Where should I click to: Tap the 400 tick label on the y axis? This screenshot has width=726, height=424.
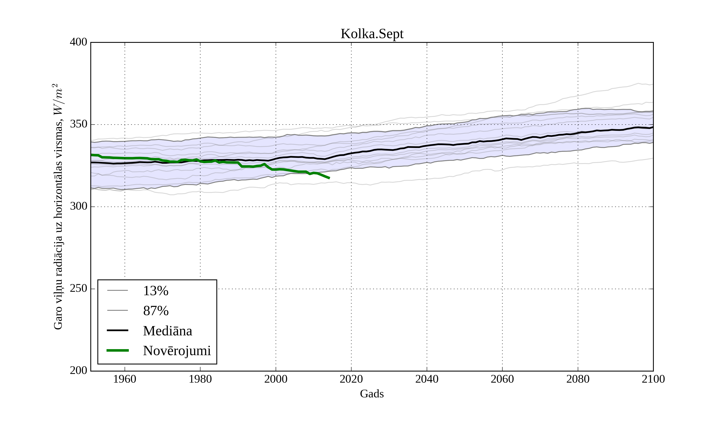pyautogui.click(x=78, y=42)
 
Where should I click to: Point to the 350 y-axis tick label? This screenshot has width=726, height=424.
pyautogui.click(x=78, y=124)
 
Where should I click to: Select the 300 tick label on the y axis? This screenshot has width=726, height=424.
pyautogui.click(x=78, y=207)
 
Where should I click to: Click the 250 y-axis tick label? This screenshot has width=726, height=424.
pyautogui.click(x=78, y=289)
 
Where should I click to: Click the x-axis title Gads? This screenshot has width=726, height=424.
pyautogui.click(x=372, y=394)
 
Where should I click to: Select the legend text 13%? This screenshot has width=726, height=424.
pyautogui.click(x=155, y=291)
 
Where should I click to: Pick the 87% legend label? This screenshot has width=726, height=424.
pyautogui.click(x=155, y=311)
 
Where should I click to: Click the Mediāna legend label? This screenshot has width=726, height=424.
pyautogui.click(x=167, y=331)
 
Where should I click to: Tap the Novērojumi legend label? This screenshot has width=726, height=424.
pyautogui.click(x=177, y=351)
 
